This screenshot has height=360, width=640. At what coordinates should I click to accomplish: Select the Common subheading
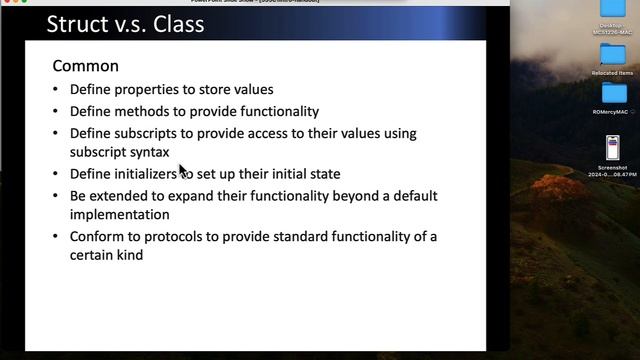coord(85,66)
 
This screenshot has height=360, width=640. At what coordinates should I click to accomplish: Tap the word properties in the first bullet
coord(149,90)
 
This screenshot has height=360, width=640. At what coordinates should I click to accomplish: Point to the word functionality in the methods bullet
coord(273,111)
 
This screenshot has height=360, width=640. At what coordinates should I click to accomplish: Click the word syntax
coord(147,152)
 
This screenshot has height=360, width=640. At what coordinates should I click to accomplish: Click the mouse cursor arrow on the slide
coord(183,170)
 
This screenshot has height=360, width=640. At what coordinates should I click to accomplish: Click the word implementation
coord(120,214)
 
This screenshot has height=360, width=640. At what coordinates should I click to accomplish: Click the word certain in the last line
coord(95,255)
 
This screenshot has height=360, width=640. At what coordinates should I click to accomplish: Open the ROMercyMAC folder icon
coord(612,94)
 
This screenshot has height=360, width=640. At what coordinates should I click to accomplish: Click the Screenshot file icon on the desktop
coord(613,147)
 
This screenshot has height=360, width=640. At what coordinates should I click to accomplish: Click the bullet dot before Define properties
coord(56,90)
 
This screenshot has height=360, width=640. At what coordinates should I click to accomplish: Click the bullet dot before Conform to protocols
coord(56,237)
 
